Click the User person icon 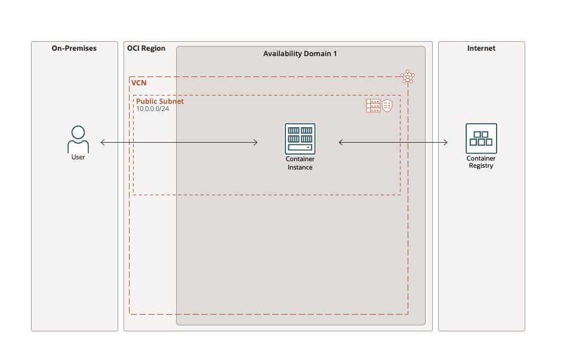pyautogui.click(x=78, y=139)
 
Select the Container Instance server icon pyautogui.click(x=300, y=139)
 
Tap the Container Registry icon pyautogui.click(x=481, y=139)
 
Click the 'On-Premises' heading pyautogui.click(x=74, y=48)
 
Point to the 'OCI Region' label pyautogui.click(x=146, y=48)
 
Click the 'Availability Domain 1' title pyautogui.click(x=300, y=54)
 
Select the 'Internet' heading pyautogui.click(x=481, y=48)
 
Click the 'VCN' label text pyautogui.click(x=138, y=83)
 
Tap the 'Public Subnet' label pyautogui.click(x=160, y=101)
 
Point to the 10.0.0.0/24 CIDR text pyautogui.click(x=152, y=109)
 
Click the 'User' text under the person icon pyautogui.click(x=78, y=158)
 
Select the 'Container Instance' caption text pyautogui.click(x=300, y=164)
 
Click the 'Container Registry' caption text pyautogui.click(x=481, y=162)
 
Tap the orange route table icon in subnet pyautogui.click(x=373, y=106)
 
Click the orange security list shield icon pyautogui.click(x=387, y=106)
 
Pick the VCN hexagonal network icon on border pyautogui.click(x=408, y=77)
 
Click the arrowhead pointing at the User pyautogui.click(x=103, y=142)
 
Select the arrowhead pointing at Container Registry pyautogui.click(x=445, y=142)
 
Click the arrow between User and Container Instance pyautogui.click(x=179, y=142)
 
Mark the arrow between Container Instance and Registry pyautogui.click(x=393, y=142)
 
